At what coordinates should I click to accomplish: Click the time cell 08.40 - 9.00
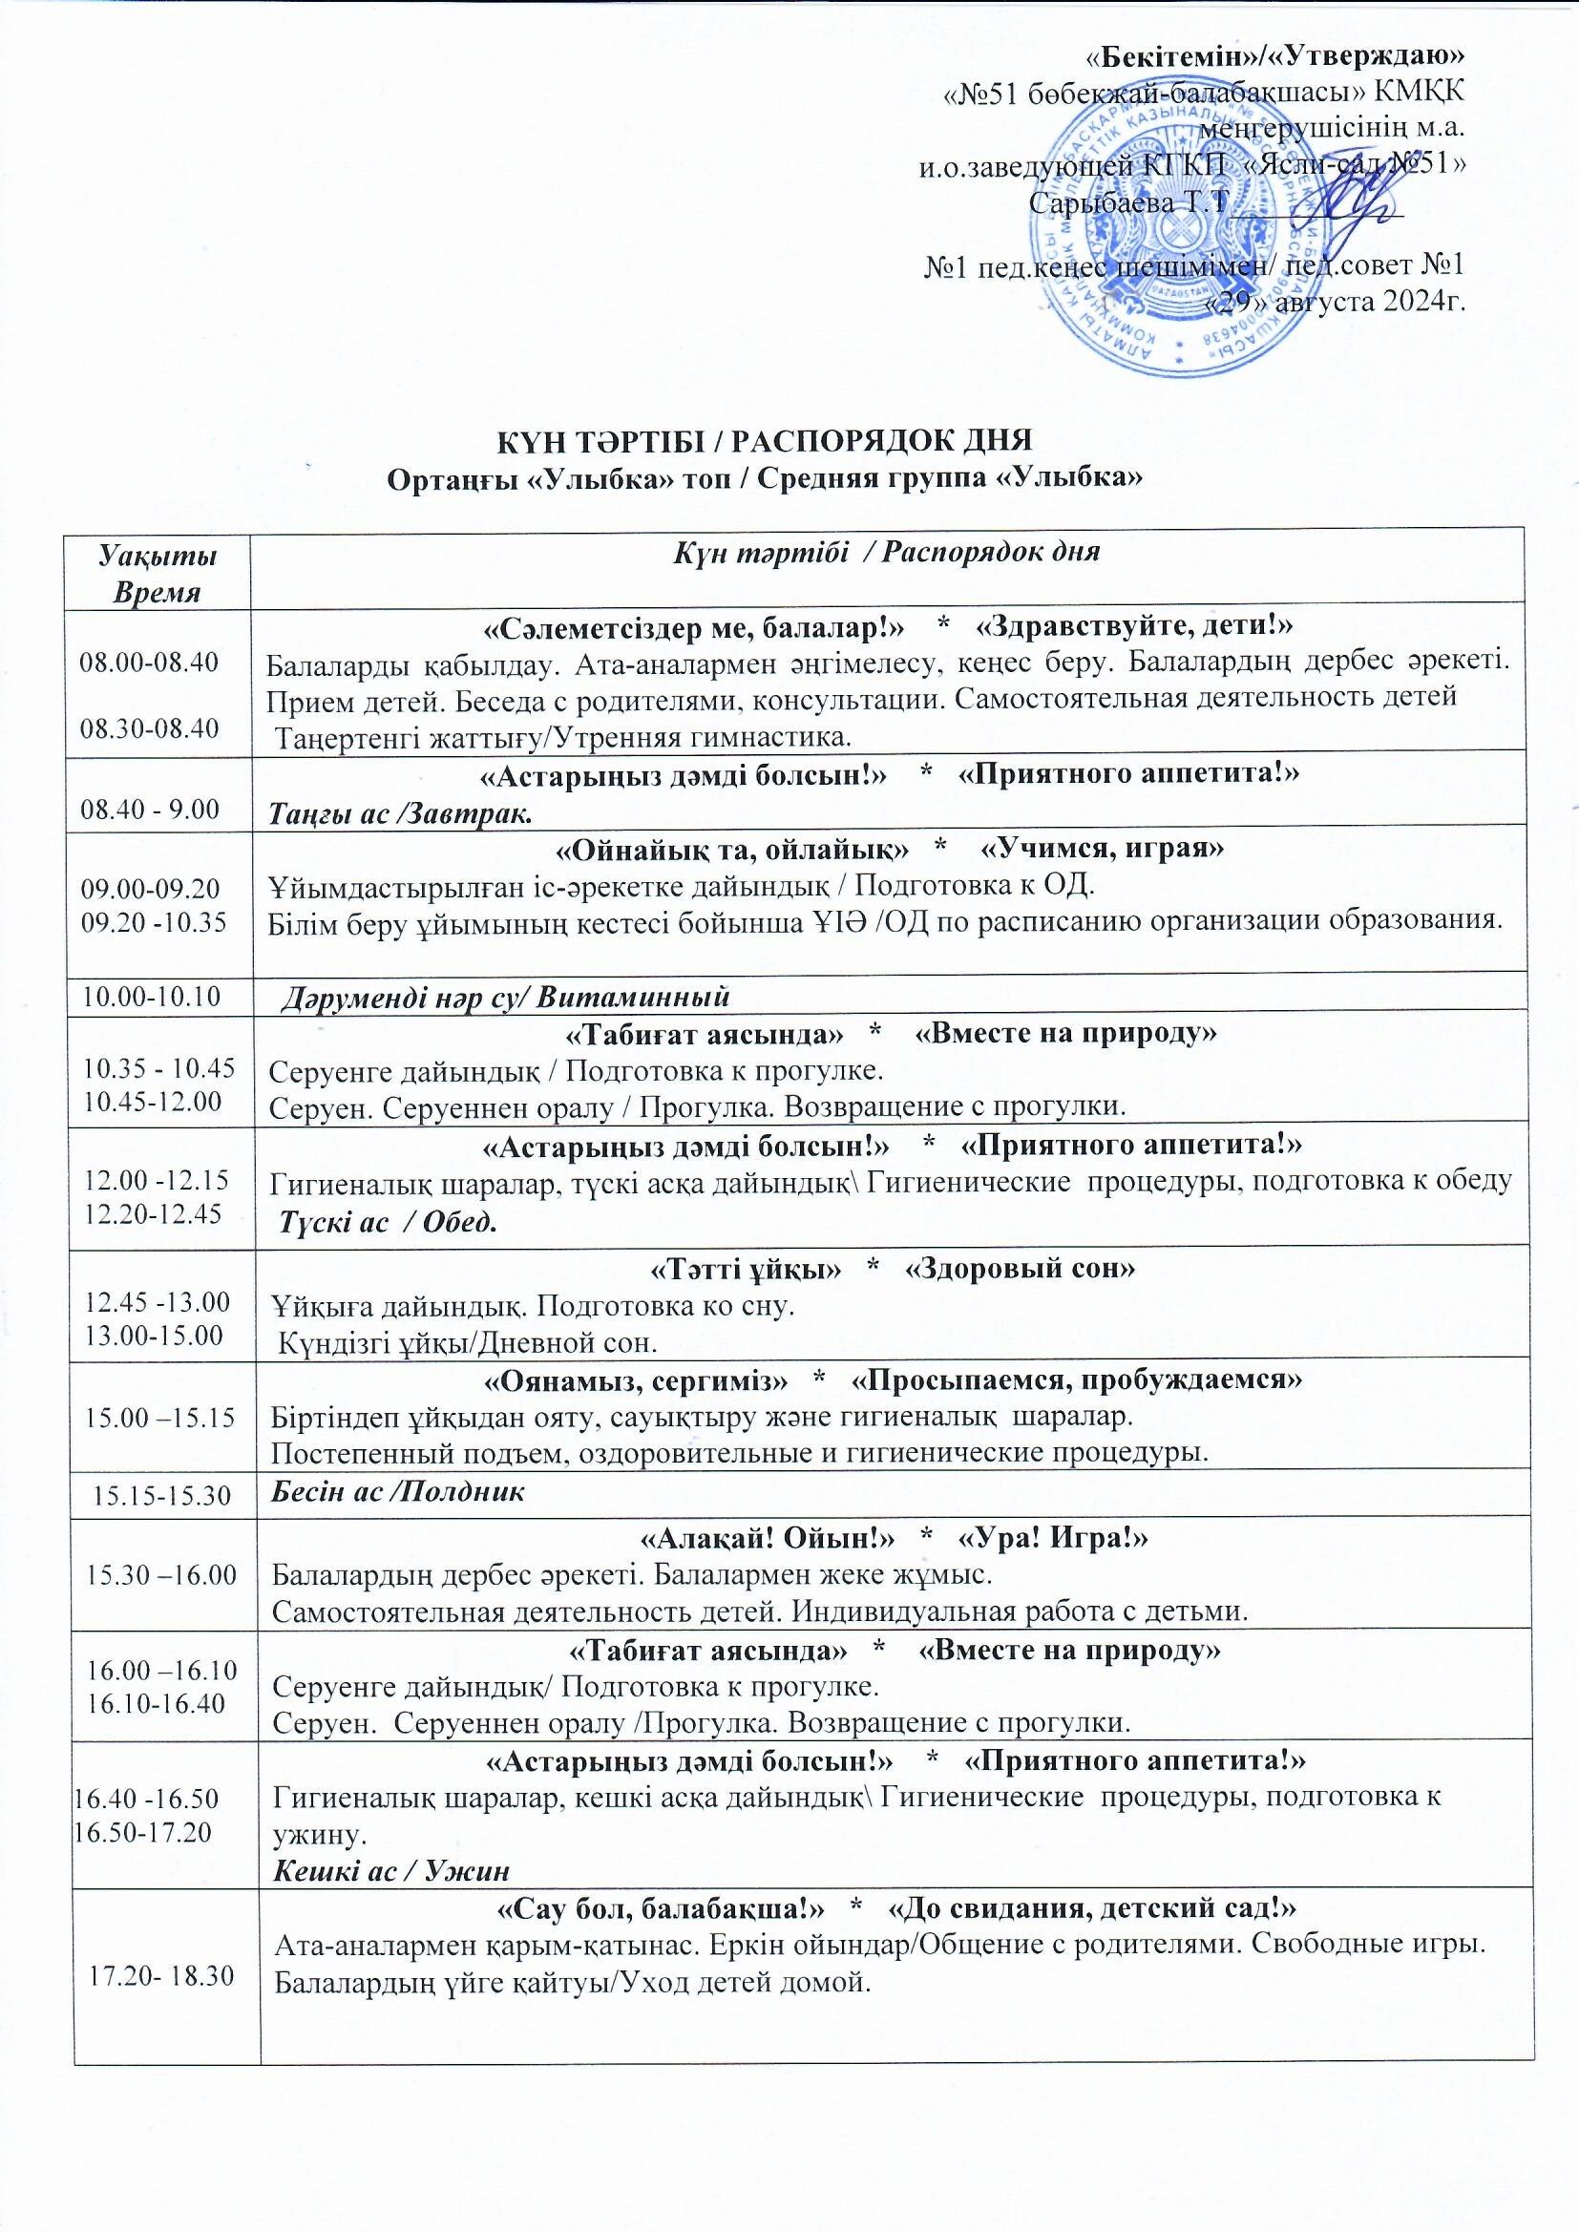[x=150, y=809]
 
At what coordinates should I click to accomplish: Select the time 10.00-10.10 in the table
[x=150, y=996]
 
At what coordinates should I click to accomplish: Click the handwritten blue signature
[x=1352, y=207]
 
